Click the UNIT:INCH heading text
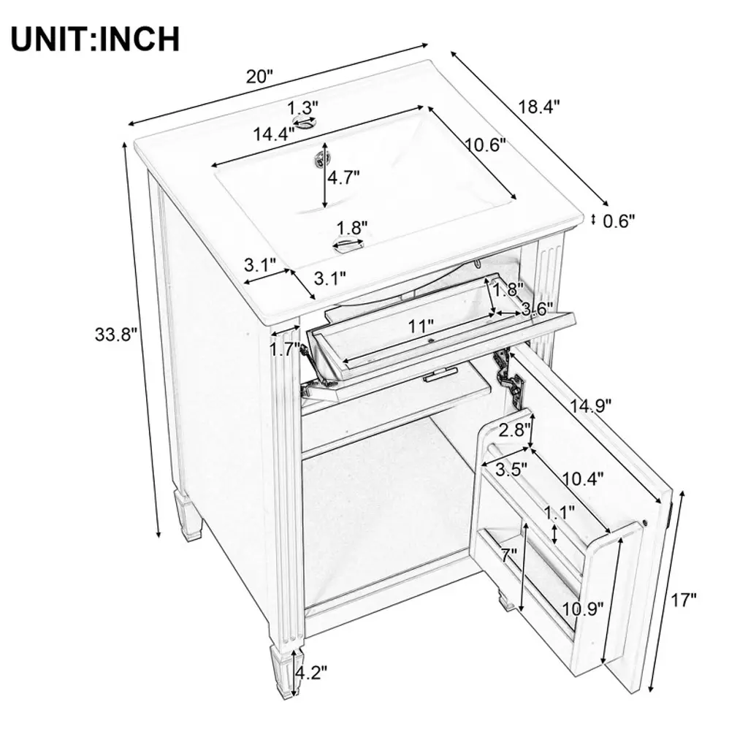96,39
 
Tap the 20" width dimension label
259,76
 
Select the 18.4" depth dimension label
538,107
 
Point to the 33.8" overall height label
116,335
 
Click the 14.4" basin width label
273,134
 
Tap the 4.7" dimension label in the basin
343,178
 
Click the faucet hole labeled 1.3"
306,123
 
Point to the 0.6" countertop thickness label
619,221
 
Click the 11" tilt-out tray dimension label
421,327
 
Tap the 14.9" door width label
590,406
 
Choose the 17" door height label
684,600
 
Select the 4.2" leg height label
311,673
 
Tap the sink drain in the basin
320,158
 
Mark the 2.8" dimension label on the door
514,430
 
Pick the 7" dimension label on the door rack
509,555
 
